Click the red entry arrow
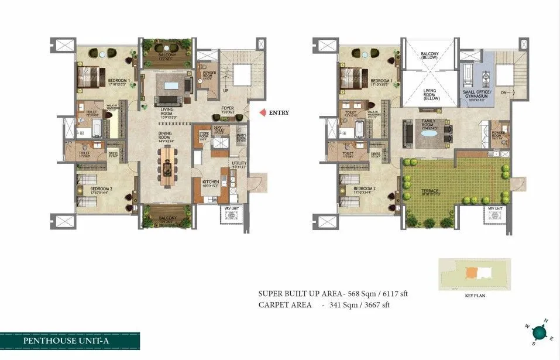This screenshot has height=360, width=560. click(x=262, y=113)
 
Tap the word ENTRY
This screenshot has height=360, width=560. click(x=279, y=113)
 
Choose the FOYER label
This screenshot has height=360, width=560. click(x=228, y=109)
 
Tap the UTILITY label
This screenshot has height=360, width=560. click(x=239, y=164)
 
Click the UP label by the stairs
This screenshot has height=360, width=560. click(x=226, y=91)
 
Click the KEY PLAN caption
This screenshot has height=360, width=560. click(x=475, y=296)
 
